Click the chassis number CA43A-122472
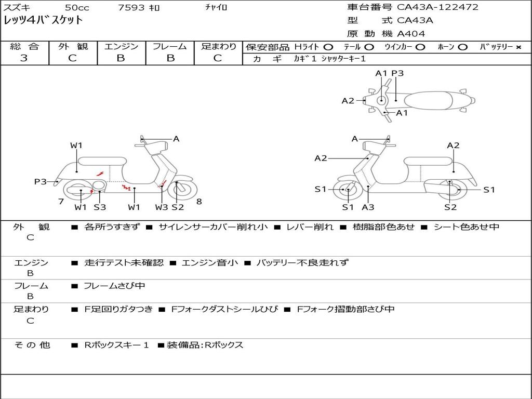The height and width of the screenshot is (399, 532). pyautogui.click(x=437, y=7)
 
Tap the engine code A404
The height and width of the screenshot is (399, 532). pyautogui.click(x=411, y=34)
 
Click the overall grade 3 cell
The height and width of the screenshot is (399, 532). pyautogui.click(x=24, y=58)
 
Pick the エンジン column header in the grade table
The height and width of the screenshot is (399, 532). pyautogui.click(x=121, y=47)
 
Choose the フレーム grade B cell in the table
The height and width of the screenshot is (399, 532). pyautogui.click(x=170, y=58)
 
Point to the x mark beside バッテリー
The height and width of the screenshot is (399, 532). pyautogui.click(x=518, y=47)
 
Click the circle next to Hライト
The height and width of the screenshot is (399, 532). pyautogui.click(x=328, y=47)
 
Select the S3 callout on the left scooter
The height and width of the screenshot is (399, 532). pyautogui.click(x=100, y=207)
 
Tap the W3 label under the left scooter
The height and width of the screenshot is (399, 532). pyautogui.click(x=162, y=207)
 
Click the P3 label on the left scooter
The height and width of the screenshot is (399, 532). pyautogui.click(x=41, y=181)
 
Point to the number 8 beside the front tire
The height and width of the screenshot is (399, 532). pyautogui.click(x=199, y=202)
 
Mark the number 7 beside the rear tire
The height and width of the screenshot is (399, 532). pyautogui.click(x=61, y=202)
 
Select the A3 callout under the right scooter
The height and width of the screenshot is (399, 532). pyautogui.click(x=368, y=207)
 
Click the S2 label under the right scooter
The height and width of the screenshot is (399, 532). pyautogui.click(x=450, y=207)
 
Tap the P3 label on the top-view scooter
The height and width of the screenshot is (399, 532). pyautogui.click(x=397, y=73)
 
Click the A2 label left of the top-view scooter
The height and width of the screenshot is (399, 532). pyautogui.click(x=348, y=101)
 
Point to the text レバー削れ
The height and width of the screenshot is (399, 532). pyautogui.click(x=310, y=227)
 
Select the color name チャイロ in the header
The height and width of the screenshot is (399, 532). pyautogui.click(x=216, y=7)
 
